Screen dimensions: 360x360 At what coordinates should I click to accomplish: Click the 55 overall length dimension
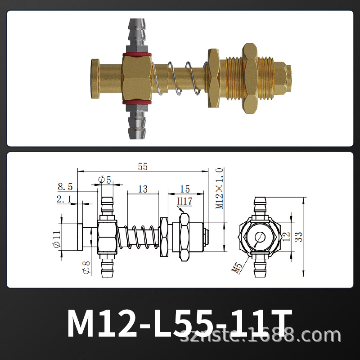(x=143, y=166)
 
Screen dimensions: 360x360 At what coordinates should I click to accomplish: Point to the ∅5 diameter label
(x=104, y=180)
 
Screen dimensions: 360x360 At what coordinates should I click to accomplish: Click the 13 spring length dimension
(x=143, y=189)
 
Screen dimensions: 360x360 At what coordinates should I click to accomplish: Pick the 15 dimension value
(x=184, y=189)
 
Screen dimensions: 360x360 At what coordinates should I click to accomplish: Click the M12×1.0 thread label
(x=220, y=189)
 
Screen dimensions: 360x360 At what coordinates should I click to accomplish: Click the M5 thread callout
(x=237, y=268)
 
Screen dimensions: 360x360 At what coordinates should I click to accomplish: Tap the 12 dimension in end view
(x=287, y=237)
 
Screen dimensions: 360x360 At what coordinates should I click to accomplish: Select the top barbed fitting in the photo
(x=136, y=31)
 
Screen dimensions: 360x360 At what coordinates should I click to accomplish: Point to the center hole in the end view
(x=260, y=237)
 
